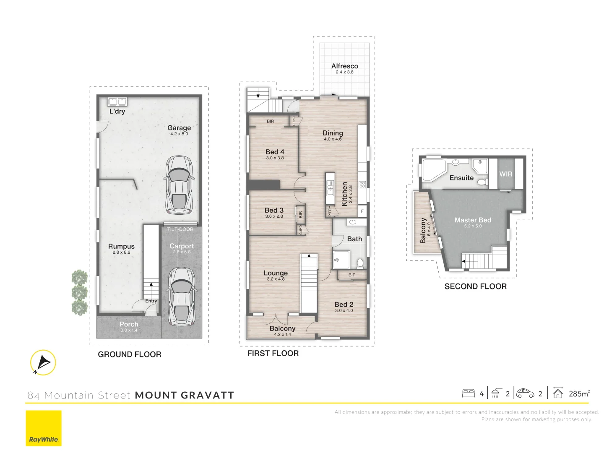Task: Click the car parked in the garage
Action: click(179, 185)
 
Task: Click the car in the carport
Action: click(181, 297)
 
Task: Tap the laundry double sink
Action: click(117, 102)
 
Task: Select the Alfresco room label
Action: click(344, 66)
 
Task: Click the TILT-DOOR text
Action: click(180, 229)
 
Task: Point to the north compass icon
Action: click(43, 362)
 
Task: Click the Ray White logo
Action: click(44, 428)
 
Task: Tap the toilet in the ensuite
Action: click(482, 182)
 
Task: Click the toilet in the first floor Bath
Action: click(360, 263)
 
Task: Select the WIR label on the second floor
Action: click(505, 174)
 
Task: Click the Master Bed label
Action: click(473, 220)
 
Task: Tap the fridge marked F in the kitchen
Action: click(362, 211)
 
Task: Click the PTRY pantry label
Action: click(330, 211)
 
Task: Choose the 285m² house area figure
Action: click(579, 393)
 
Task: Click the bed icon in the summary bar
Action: click(469, 393)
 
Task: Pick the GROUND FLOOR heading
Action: click(129, 354)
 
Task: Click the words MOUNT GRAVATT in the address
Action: click(184, 395)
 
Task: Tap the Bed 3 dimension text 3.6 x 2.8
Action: click(274, 216)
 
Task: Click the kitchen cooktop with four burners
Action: click(362, 185)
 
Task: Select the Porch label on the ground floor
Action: click(129, 324)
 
